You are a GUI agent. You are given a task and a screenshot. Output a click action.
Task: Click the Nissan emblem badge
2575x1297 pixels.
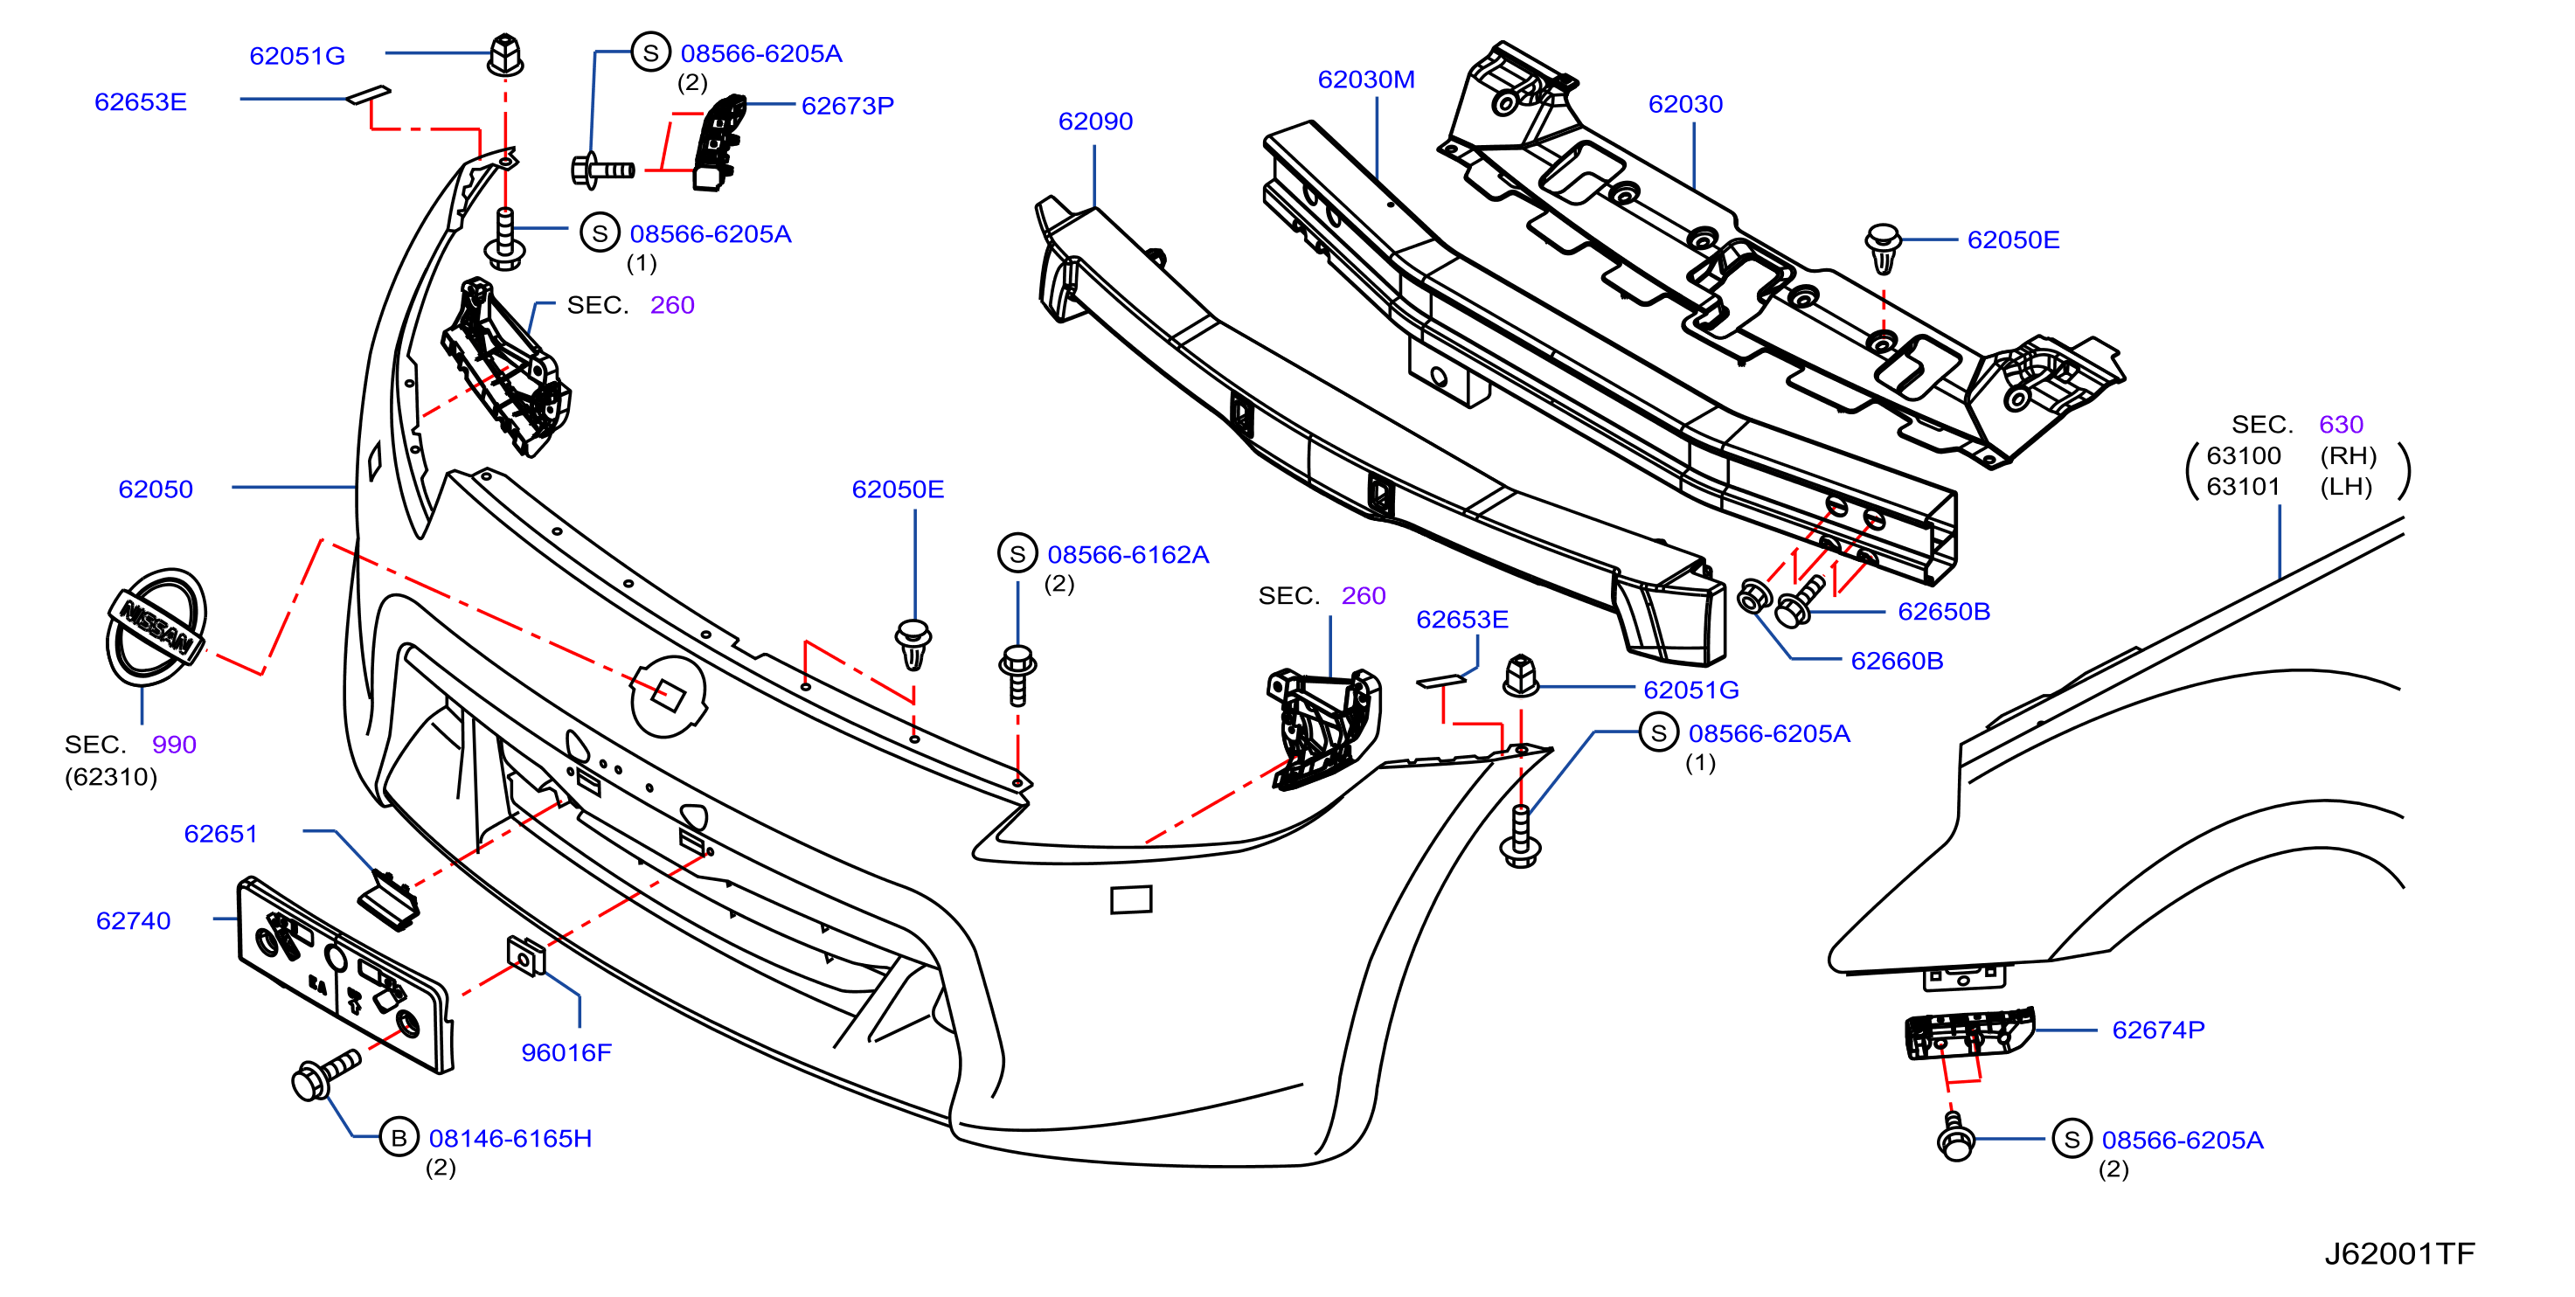pyautogui.click(x=157, y=628)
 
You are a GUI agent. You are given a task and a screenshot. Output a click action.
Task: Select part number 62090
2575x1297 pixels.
pyautogui.click(x=1094, y=121)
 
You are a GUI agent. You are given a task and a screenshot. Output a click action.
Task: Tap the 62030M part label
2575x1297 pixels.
pyautogui.click(x=1365, y=79)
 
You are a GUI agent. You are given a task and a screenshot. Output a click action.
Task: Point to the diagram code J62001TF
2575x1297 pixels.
pyautogui.click(x=2399, y=1253)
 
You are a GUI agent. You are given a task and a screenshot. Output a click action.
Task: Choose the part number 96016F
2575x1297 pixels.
pyautogui.click(x=566, y=1052)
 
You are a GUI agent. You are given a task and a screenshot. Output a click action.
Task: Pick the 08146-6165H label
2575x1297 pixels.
pyautogui.click(x=510, y=1138)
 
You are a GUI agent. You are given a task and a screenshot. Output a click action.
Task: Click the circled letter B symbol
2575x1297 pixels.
pyautogui.click(x=399, y=1137)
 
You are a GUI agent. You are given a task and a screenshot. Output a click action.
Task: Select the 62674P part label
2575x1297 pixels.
pyautogui.click(x=2158, y=1030)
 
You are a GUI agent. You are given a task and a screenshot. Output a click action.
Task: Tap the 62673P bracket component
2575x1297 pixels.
pyautogui.click(x=718, y=142)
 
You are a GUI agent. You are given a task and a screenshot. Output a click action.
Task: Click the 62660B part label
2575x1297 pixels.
pyautogui.click(x=1896, y=661)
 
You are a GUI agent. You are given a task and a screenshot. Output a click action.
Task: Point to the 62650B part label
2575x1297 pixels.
pyautogui.click(x=1943, y=612)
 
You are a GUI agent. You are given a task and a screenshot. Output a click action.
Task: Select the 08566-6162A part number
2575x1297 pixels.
pyautogui.click(x=1128, y=555)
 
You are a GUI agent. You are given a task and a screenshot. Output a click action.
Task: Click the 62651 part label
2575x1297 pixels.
pyautogui.click(x=220, y=834)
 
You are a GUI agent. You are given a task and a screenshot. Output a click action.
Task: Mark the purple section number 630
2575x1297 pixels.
pyautogui.click(x=2340, y=425)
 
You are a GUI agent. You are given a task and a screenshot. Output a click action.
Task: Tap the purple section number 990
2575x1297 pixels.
pyautogui.click(x=174, y=745)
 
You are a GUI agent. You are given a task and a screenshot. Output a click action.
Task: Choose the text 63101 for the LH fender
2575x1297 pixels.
pyautogui.click(x=2243, y=487)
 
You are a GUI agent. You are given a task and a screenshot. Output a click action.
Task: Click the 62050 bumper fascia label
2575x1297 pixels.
pyautogui.click(x=155, y=489)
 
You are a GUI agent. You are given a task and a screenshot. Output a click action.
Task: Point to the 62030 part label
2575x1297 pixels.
pyautogui.click(x=1685, y=104)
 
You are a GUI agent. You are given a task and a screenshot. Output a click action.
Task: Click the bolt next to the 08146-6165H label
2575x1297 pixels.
pyautogui.click(x=325, y=1074)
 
